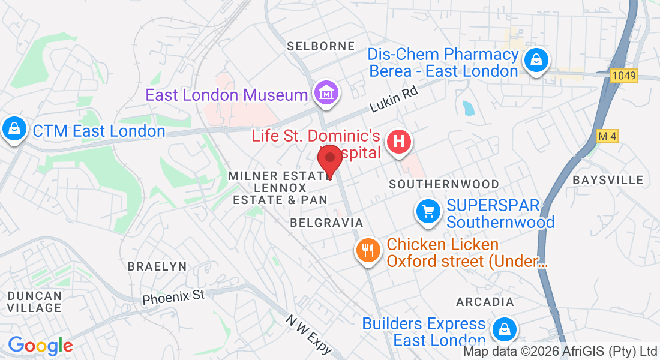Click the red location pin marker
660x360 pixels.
click(329, 160)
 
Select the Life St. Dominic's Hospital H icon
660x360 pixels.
click(400, 142)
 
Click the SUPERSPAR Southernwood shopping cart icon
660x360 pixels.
click(428, 211)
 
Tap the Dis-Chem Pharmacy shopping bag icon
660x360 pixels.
click(534, 59)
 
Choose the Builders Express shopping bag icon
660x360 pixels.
click(505, 329)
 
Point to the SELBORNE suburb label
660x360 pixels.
click(321, 46)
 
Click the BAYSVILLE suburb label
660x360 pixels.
click(608, 180)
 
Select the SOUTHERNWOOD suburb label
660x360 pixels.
click(444, 184)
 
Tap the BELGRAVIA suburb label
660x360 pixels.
click(326, 223)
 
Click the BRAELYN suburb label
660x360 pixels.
click(157, 266)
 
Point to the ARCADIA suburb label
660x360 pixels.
click(485, 302)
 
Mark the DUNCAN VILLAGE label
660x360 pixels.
click(34, 302)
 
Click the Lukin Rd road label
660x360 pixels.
click(394, 98)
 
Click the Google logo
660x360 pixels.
click(40, 346)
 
